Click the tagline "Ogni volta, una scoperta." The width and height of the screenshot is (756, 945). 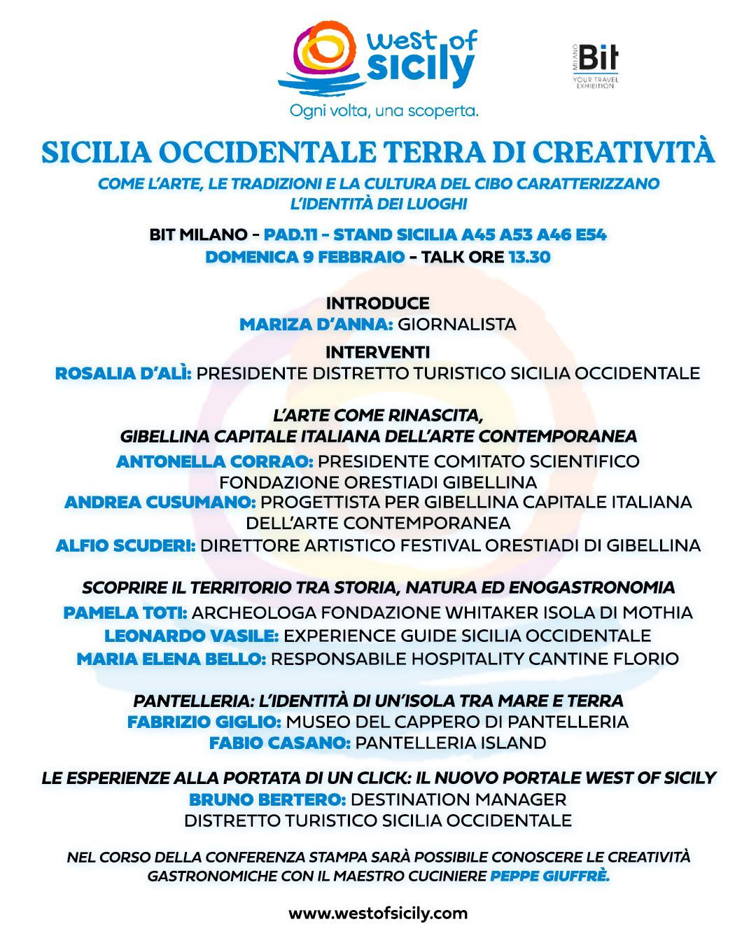pyautogui.click(x=384, y=111)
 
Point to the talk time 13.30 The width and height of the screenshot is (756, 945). pyautogui.click(x=529, y=257)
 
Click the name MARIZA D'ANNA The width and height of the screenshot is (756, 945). pyautogui.click(x=316, y=324)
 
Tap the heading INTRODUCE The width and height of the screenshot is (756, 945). pyautogui.click(x=378, y=303)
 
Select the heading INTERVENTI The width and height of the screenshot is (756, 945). pyautogui.click(x=378, y=351)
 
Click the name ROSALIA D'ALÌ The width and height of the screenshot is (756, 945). pyautogui.click(x=123, y=373)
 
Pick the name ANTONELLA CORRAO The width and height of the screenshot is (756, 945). pyautogui.click(x=214, y=461)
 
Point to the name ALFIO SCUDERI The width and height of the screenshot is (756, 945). pyautogui.click(x=126, y=545)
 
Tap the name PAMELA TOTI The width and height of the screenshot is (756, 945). pyautogui.click(x=125, y=612)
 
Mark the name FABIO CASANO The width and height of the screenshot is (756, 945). pyautogui.click(x=280, y=743)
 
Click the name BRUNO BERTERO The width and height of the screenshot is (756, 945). pyautogui.click(x=267, y=799)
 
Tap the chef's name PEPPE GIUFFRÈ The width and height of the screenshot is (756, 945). pyautogui.click(x=550, y=876)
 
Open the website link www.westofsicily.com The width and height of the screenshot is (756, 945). pyautogui.click(x=378, y=913)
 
